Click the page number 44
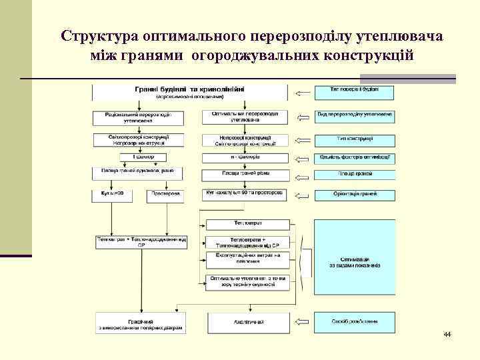tap(447, 333)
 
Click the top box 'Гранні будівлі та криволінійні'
tap(190, 91)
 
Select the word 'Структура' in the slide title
tap(99, 35)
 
